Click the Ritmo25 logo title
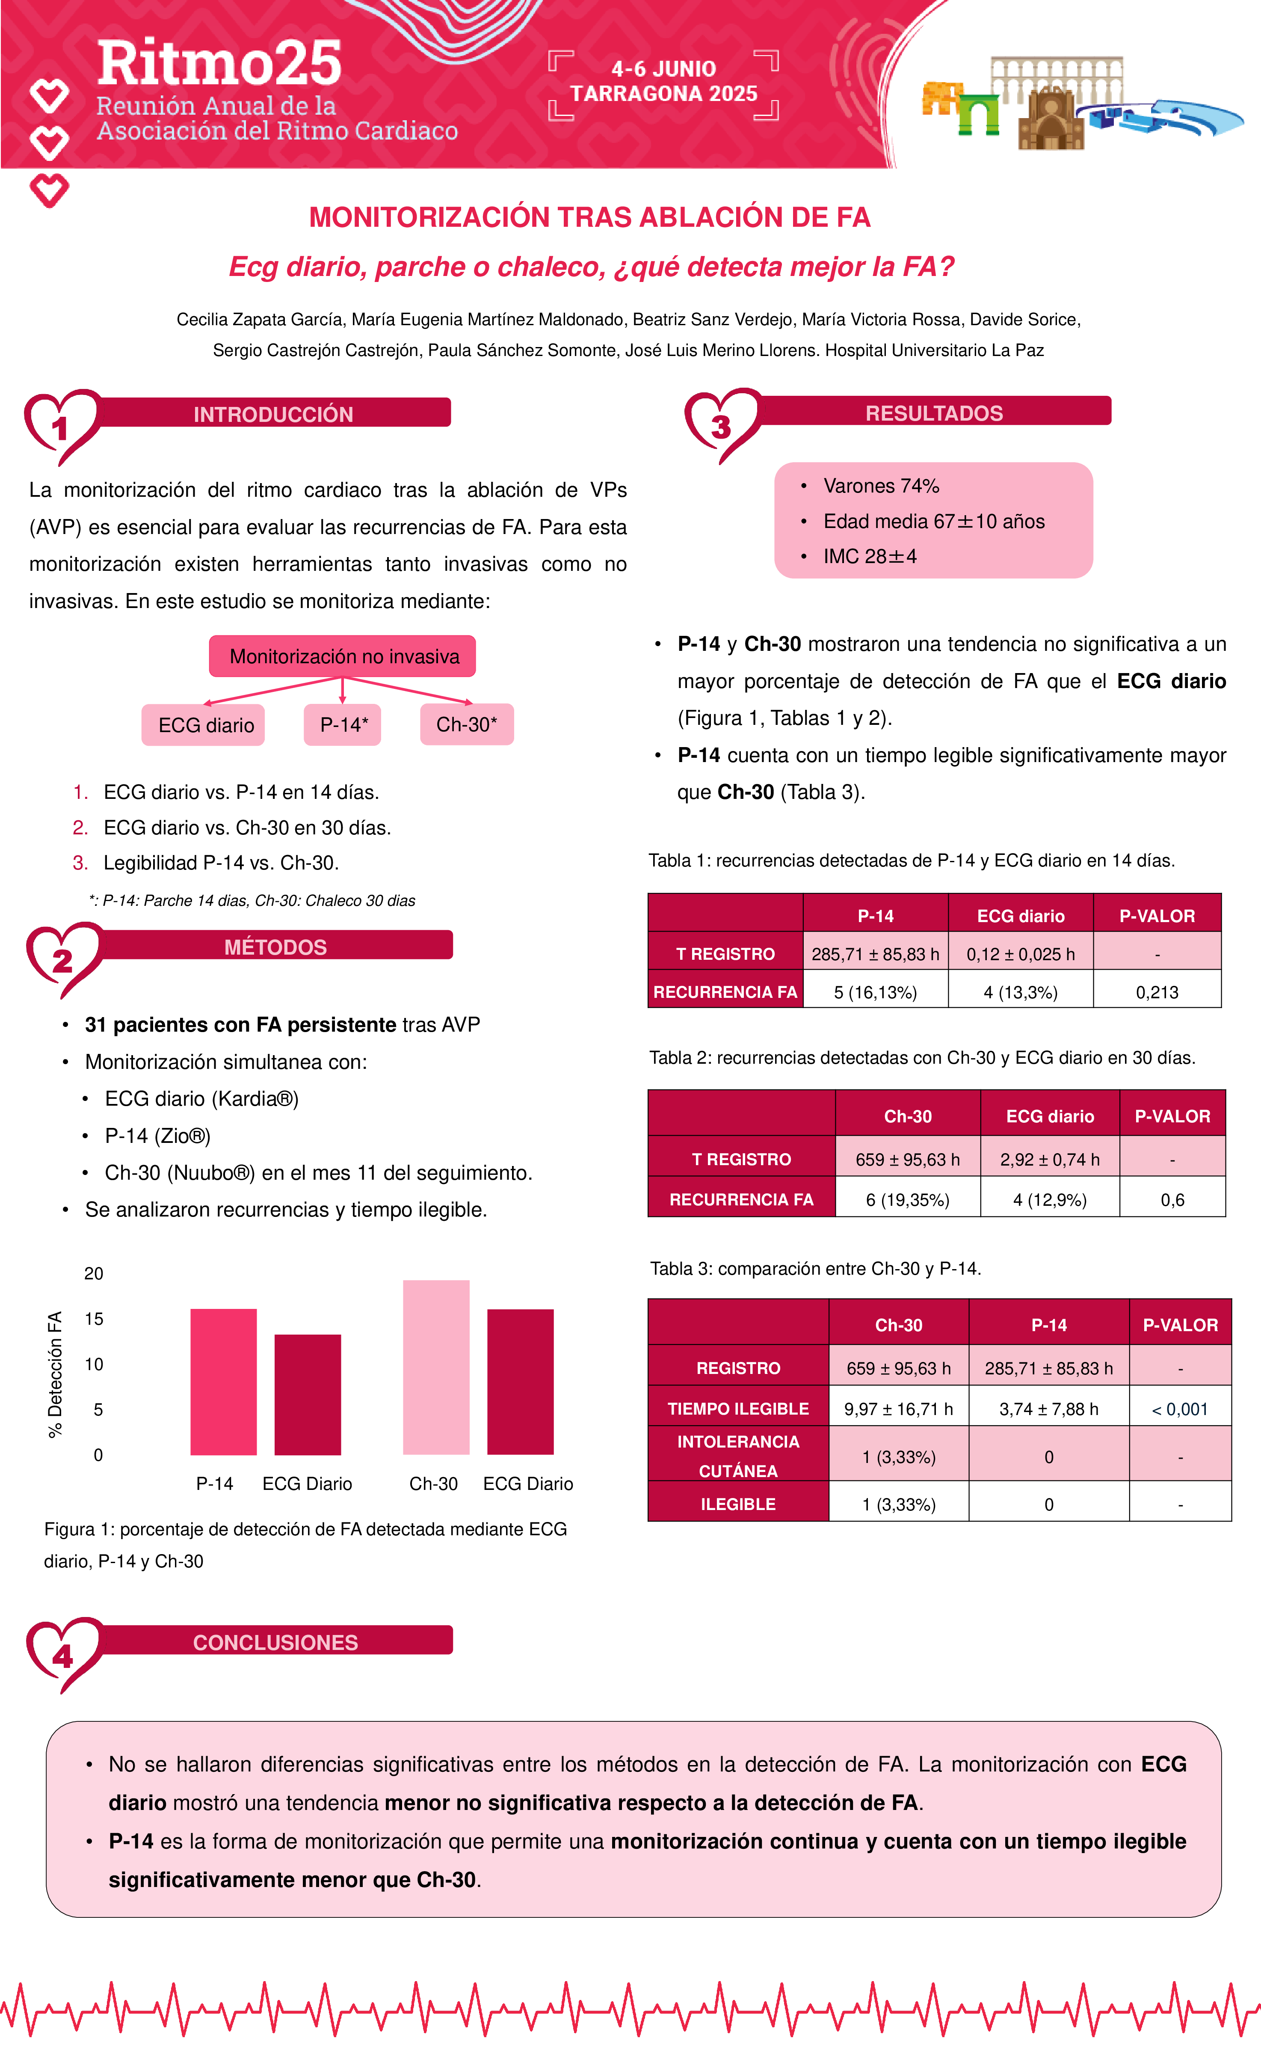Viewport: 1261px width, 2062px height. [x=219, y=64]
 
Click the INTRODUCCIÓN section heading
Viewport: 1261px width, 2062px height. [x=274, y=414]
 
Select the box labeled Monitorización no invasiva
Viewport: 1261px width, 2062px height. [x=343, y=656]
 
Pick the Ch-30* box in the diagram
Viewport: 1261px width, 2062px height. [x=466, y=724]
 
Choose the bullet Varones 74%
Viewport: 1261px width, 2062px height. [x=880, y=486]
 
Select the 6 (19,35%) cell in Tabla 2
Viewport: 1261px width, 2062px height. [x=907, y=1200]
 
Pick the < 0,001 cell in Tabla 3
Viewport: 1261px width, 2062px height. [x=1180, y=1409]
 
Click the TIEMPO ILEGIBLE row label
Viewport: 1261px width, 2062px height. [x=738, y=1409]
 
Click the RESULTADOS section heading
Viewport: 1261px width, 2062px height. [x=934, y=413]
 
